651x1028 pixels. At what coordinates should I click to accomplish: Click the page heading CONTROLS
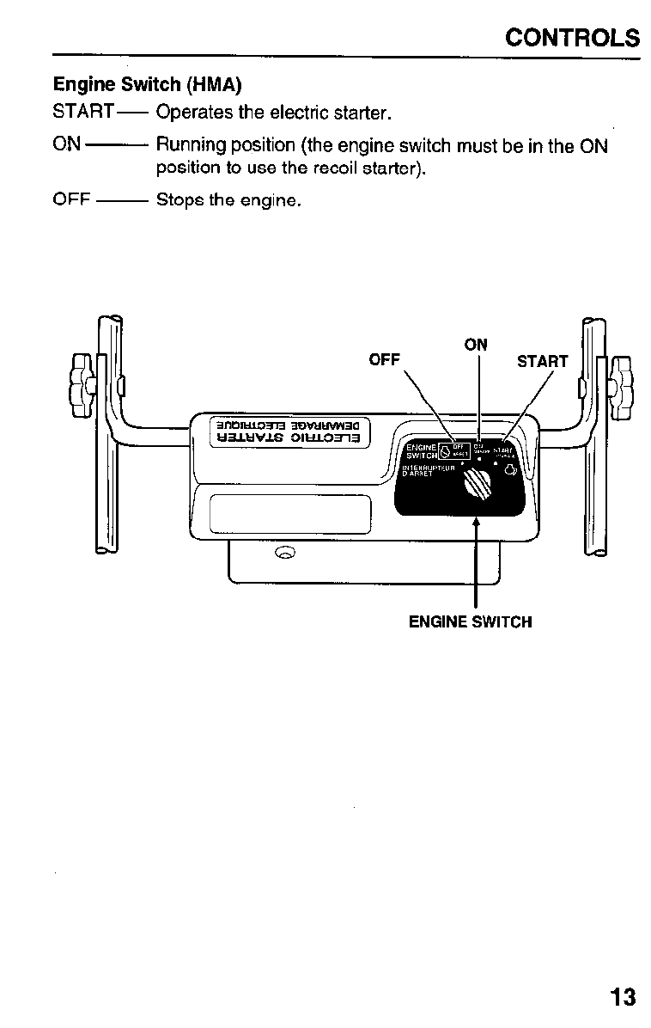pos(573,39)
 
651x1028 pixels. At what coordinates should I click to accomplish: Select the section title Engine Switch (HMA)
pos(147,85)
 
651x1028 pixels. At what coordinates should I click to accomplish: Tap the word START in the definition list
pos(83,113)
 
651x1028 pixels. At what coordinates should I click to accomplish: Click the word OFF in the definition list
pos(72,200)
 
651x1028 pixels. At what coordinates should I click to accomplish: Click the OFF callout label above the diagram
pos(384,360)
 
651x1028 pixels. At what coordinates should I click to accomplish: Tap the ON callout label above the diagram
pos(476,345)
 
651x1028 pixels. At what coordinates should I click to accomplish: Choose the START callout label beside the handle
pos(542,361)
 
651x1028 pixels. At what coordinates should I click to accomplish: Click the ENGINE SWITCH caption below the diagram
pos(470,621)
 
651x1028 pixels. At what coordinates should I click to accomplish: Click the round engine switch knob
pos(477,489)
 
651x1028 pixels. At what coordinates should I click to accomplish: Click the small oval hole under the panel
pos(285,551)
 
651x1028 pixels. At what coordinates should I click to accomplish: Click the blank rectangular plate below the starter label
pos(290,514)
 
